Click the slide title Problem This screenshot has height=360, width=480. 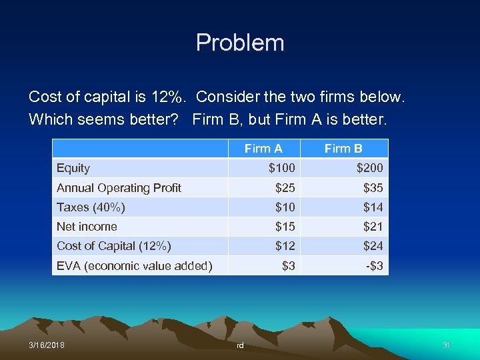pyautogui.click(x=240, y=43)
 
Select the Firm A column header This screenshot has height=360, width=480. pyautogui.click(x=263, y=149)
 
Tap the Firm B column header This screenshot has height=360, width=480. pyautogui.click(x=343, y=149)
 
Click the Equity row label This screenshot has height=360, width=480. pyautogui.click(x=73, y=168)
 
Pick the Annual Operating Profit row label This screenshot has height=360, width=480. pyautogui.click(x=119, y=188)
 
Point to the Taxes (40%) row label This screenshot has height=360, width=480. pyautogui.click(x=91, y=207)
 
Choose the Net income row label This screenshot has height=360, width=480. pyautogui.click(x=87, y=227)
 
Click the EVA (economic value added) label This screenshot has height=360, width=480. pyautogui.click(x=134, y=266)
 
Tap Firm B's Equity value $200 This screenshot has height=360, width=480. pyautogui.click(x=369, y=168)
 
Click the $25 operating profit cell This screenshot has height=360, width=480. pyautogui.click(x=285, y=188)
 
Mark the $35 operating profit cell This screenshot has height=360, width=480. pyautogui.click(x=373, y=188)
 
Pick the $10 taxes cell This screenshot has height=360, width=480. pyautogui.click(x=285, y=207)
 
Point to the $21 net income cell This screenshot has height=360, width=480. pyautogui.click(x=373, y=227)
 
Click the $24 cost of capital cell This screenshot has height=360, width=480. pyautogui.click(x=373, y=246)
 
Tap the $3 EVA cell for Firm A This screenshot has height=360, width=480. pyautogui.click(x=288, y=266)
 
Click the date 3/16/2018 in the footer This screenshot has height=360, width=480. pyautogui.click(x=47, y=345)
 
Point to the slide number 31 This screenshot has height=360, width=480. pyautogui.click(x=447, y=345)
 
